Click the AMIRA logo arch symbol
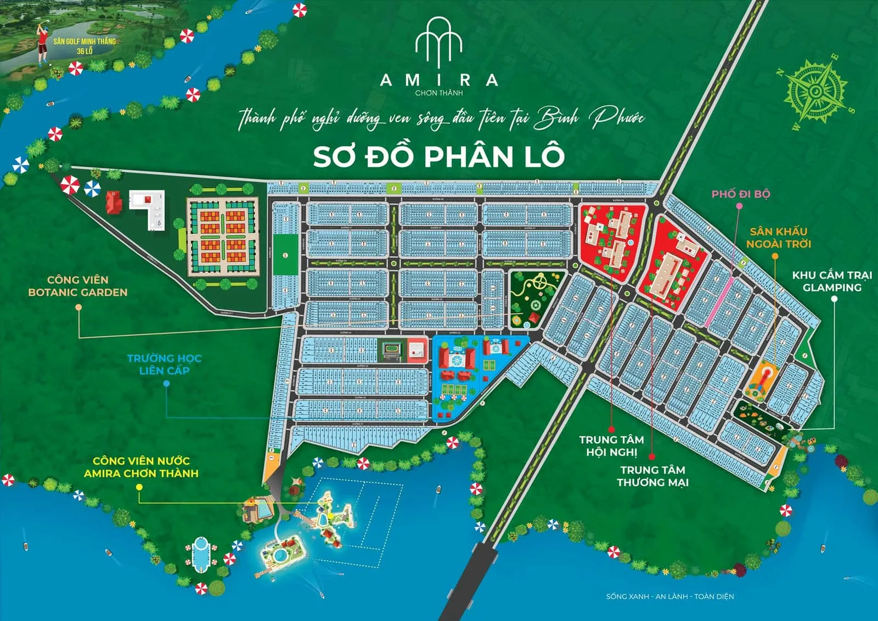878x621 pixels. tap(438, 41)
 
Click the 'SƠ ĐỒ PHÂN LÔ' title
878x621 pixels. tap(438, 156)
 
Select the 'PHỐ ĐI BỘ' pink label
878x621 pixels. tap(740, 194)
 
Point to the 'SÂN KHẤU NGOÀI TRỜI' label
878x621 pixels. tap(778, 238)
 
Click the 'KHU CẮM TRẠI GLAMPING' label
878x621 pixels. tap(831, 281)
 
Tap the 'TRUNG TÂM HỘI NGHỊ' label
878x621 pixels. tap(611, 445)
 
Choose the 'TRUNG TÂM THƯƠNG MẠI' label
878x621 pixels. tap(652, 476)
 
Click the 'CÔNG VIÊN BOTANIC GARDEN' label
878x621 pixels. tap(77, 286)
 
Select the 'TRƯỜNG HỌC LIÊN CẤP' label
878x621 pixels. tap(164, 364)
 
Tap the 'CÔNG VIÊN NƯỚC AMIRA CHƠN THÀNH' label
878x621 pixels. tap(141, 467)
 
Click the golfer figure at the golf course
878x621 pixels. tap(42, 44)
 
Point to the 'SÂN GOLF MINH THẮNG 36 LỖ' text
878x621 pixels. tap(85, 46)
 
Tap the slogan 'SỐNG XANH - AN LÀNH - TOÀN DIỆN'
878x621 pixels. tap(669, 596)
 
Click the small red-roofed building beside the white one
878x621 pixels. tap(114, 203)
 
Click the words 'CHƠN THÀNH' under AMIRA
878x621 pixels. tap(438, 93)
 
